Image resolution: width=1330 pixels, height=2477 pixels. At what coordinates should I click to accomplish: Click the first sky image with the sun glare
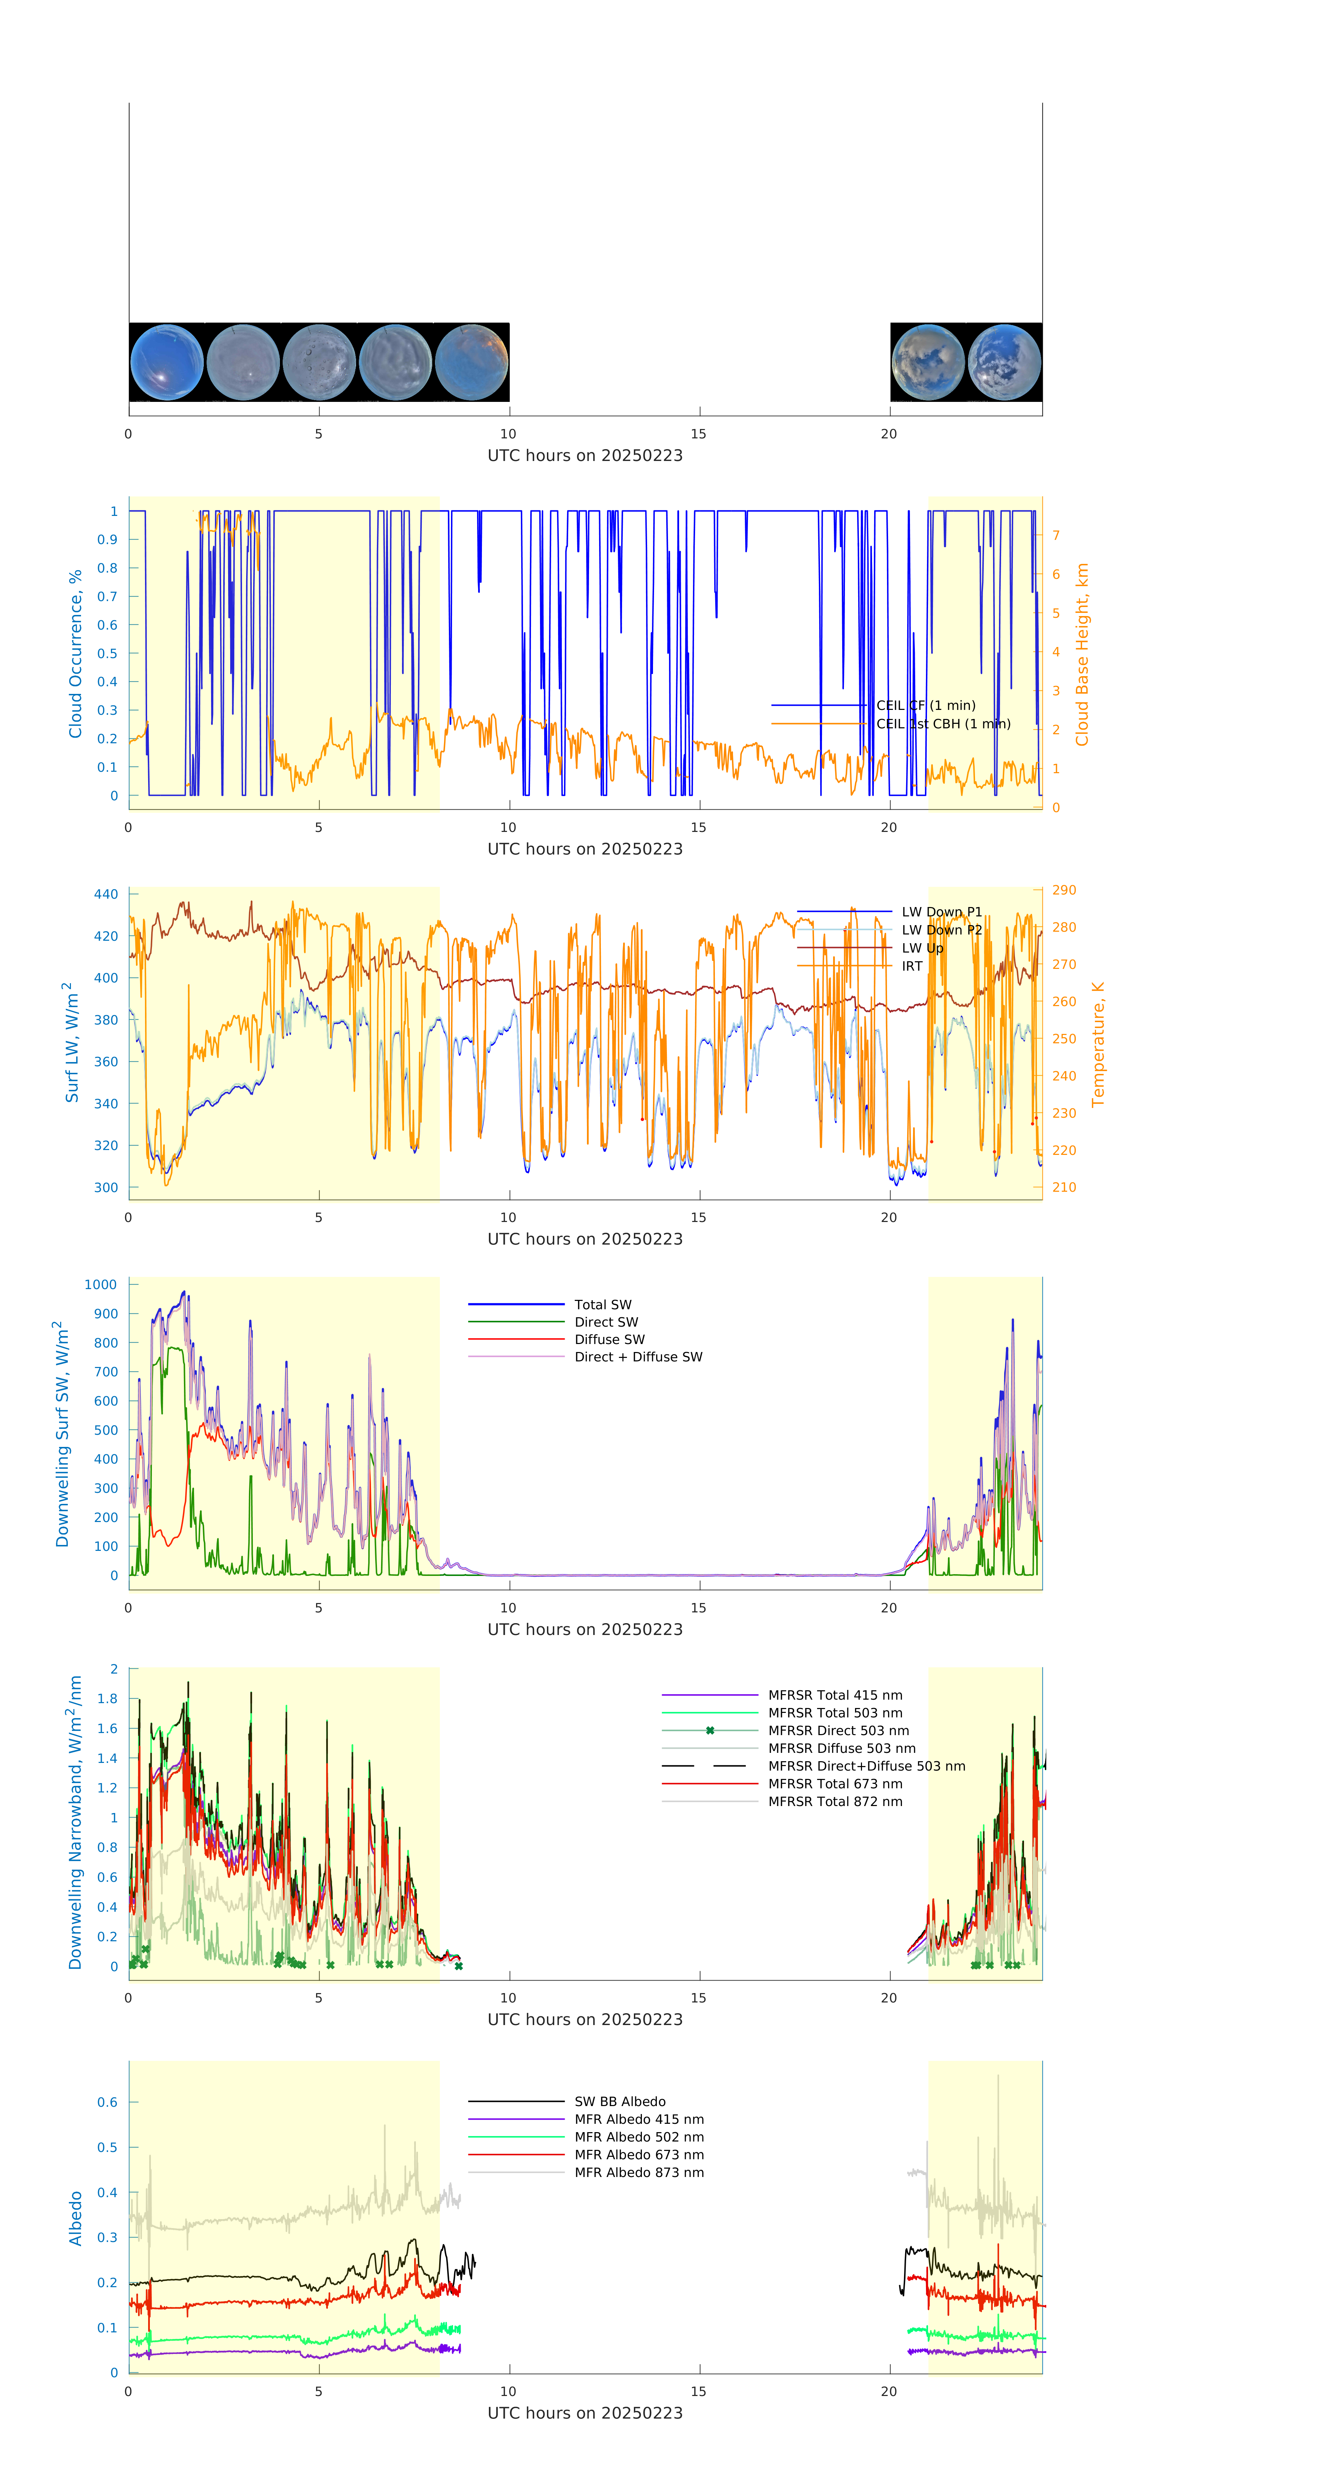click(x=166, y=363)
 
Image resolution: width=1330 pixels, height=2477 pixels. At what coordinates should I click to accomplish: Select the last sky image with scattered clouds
click(x=1004, y=363)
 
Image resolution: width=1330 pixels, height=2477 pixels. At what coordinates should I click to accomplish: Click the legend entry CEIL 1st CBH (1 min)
click(x=942, y=724)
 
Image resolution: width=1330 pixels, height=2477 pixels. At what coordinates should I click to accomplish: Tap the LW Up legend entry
click(x=922, y=948)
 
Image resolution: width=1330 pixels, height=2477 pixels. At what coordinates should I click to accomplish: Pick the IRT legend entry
click(x=912, y=966)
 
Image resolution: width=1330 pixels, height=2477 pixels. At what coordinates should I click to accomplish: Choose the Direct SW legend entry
click(x=606, y=1322)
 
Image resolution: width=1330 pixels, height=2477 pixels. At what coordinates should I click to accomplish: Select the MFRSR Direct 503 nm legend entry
click(x=838, y=1731)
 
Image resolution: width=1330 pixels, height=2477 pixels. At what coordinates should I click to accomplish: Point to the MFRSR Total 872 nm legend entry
click(x=835, y=1802)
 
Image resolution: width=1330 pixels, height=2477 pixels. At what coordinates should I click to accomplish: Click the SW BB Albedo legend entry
click(x=619, y=2102)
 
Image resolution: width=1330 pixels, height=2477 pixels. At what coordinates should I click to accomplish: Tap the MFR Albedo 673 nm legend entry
click(x=638, y=2155)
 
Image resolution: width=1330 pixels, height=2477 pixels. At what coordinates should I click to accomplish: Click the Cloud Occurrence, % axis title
click(x=75, y=654)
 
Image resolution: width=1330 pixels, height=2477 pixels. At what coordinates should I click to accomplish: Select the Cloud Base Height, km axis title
click(x=1082, y=654)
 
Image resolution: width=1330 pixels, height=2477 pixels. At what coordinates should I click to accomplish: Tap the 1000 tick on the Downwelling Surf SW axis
click(x=101, y=1285)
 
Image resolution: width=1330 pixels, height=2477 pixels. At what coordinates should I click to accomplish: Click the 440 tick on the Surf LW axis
click(x=106, y=894)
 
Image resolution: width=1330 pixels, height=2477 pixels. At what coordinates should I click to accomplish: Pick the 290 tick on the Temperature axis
click(x=1064, y=890)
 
